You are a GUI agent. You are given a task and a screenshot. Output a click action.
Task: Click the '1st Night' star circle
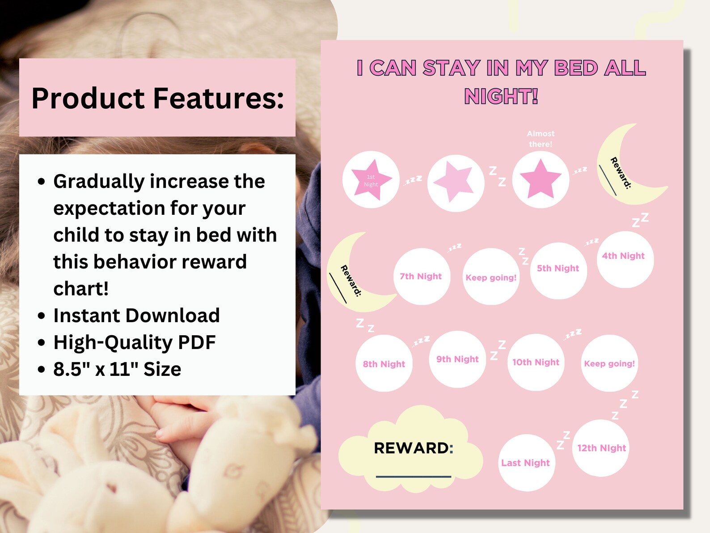point(371,180)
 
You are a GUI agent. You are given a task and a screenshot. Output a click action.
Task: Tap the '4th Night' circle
point(625,259)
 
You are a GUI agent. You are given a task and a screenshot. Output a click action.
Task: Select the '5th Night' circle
point(558,271)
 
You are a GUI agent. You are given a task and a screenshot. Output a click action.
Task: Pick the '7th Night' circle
point(421,277)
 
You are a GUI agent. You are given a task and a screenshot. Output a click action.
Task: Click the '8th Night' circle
point(384,363)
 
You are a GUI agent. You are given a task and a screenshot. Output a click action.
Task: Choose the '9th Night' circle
point(458,359)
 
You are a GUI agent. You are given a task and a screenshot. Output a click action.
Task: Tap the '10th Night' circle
point(536,362)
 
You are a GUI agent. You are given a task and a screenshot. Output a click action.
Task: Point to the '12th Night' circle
point(601,448)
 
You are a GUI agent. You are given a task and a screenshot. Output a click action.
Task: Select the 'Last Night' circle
point(526,463)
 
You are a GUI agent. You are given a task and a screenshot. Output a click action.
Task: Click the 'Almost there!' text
point(541,139)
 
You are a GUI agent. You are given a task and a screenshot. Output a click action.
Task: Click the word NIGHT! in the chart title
point(501,97)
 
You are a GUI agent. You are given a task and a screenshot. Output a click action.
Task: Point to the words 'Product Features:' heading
point(157,98)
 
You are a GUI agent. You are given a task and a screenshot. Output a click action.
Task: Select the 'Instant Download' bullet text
point(136,316)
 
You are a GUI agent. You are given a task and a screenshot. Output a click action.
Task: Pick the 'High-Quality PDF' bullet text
point(134,342)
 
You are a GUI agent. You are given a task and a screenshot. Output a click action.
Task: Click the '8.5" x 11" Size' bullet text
point(117,369)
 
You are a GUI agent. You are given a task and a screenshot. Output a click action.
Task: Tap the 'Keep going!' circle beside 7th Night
point(491,277)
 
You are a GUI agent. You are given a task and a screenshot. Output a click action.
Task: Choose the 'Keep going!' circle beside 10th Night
point(609,363)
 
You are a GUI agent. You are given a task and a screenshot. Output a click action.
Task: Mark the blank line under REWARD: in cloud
point(413,477)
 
